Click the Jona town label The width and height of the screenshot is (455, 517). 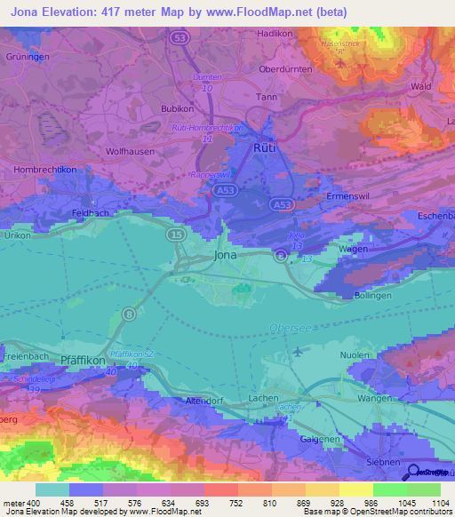(226, 256)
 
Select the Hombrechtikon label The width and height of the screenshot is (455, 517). (41, 169)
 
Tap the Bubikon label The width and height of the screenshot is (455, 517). (179, 108)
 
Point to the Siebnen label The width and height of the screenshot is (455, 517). (385, 463)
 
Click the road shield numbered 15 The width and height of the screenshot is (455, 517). (174, 235)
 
